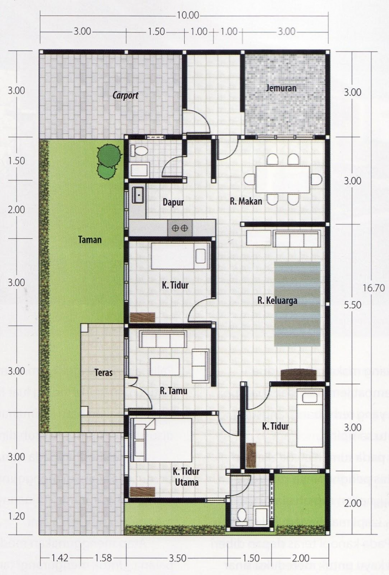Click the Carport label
click(125, 96)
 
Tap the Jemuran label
click(281, 88)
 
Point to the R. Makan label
click(247, 201)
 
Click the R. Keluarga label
click(278, 300)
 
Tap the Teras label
click(104, 373)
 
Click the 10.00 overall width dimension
click(188, 15)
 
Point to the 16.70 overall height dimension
click(373, 288)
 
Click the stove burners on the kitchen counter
click(180, 227)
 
